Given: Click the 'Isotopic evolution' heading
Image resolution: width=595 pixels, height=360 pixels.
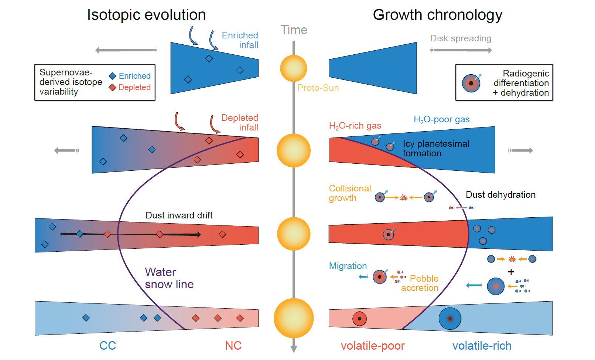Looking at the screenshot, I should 146,15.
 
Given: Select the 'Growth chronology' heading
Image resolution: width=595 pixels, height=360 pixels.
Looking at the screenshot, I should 437,15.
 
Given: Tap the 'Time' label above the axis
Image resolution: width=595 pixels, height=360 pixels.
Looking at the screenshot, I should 294,30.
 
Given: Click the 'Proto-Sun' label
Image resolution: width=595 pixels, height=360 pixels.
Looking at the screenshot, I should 318,88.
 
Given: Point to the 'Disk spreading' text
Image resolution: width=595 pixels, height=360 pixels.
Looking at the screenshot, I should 461,38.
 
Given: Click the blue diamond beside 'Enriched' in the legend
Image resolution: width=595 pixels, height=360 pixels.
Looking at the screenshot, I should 113,76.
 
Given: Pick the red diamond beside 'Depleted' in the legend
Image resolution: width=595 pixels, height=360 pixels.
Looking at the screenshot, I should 113,88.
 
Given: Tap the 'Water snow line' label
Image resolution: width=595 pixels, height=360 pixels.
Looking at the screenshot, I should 169,278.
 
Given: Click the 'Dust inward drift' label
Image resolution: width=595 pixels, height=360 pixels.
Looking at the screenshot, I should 179,215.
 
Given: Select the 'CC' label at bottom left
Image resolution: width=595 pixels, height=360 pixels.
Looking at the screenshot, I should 107,346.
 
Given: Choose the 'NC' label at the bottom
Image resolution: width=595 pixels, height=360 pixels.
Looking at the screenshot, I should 233,346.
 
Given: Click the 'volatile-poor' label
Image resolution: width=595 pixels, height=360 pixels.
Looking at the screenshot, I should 372,346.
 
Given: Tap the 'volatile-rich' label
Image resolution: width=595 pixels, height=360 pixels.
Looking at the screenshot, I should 482,346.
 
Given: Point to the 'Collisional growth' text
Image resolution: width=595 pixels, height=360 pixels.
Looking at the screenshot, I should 349,193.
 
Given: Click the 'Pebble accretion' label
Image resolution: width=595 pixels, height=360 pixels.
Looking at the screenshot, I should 420,283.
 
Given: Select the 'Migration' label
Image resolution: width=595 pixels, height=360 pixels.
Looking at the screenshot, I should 348,266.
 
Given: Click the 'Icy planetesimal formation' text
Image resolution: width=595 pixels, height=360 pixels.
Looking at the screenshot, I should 435,148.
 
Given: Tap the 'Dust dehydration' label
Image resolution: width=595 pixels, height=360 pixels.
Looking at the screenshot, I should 500,195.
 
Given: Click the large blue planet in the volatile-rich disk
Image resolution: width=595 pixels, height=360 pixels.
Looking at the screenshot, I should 450,318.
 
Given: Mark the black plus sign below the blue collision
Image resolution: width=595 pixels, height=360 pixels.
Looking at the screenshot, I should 511,272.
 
